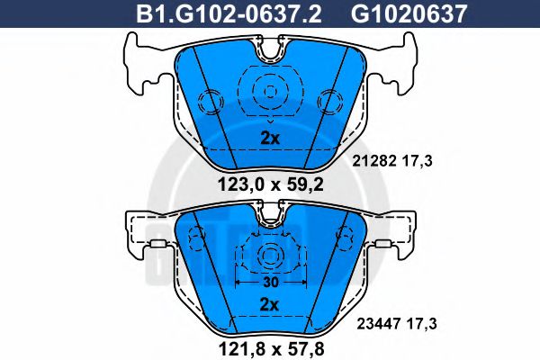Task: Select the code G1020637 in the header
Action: (x=397, y=13)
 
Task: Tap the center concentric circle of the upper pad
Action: (x=269, y=91)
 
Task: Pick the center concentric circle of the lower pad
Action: (x=268, y=256)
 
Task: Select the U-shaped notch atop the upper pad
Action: (x=268, y=52)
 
